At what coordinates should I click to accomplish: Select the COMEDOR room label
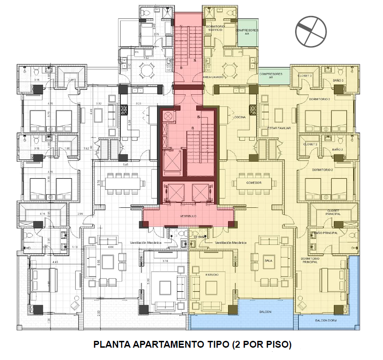(x=254, y=183)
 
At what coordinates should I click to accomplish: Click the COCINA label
(x=240, y=118)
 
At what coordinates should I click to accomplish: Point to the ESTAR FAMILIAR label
(x=279, y=129)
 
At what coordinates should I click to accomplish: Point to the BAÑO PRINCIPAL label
(x=326, y=233)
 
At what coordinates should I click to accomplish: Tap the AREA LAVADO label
(x=213, y=77)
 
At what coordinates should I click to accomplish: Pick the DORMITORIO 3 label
(x=319, y=98)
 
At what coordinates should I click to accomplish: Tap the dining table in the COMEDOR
(x=254, y=183)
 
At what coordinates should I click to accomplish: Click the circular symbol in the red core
(x=169, y=117)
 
